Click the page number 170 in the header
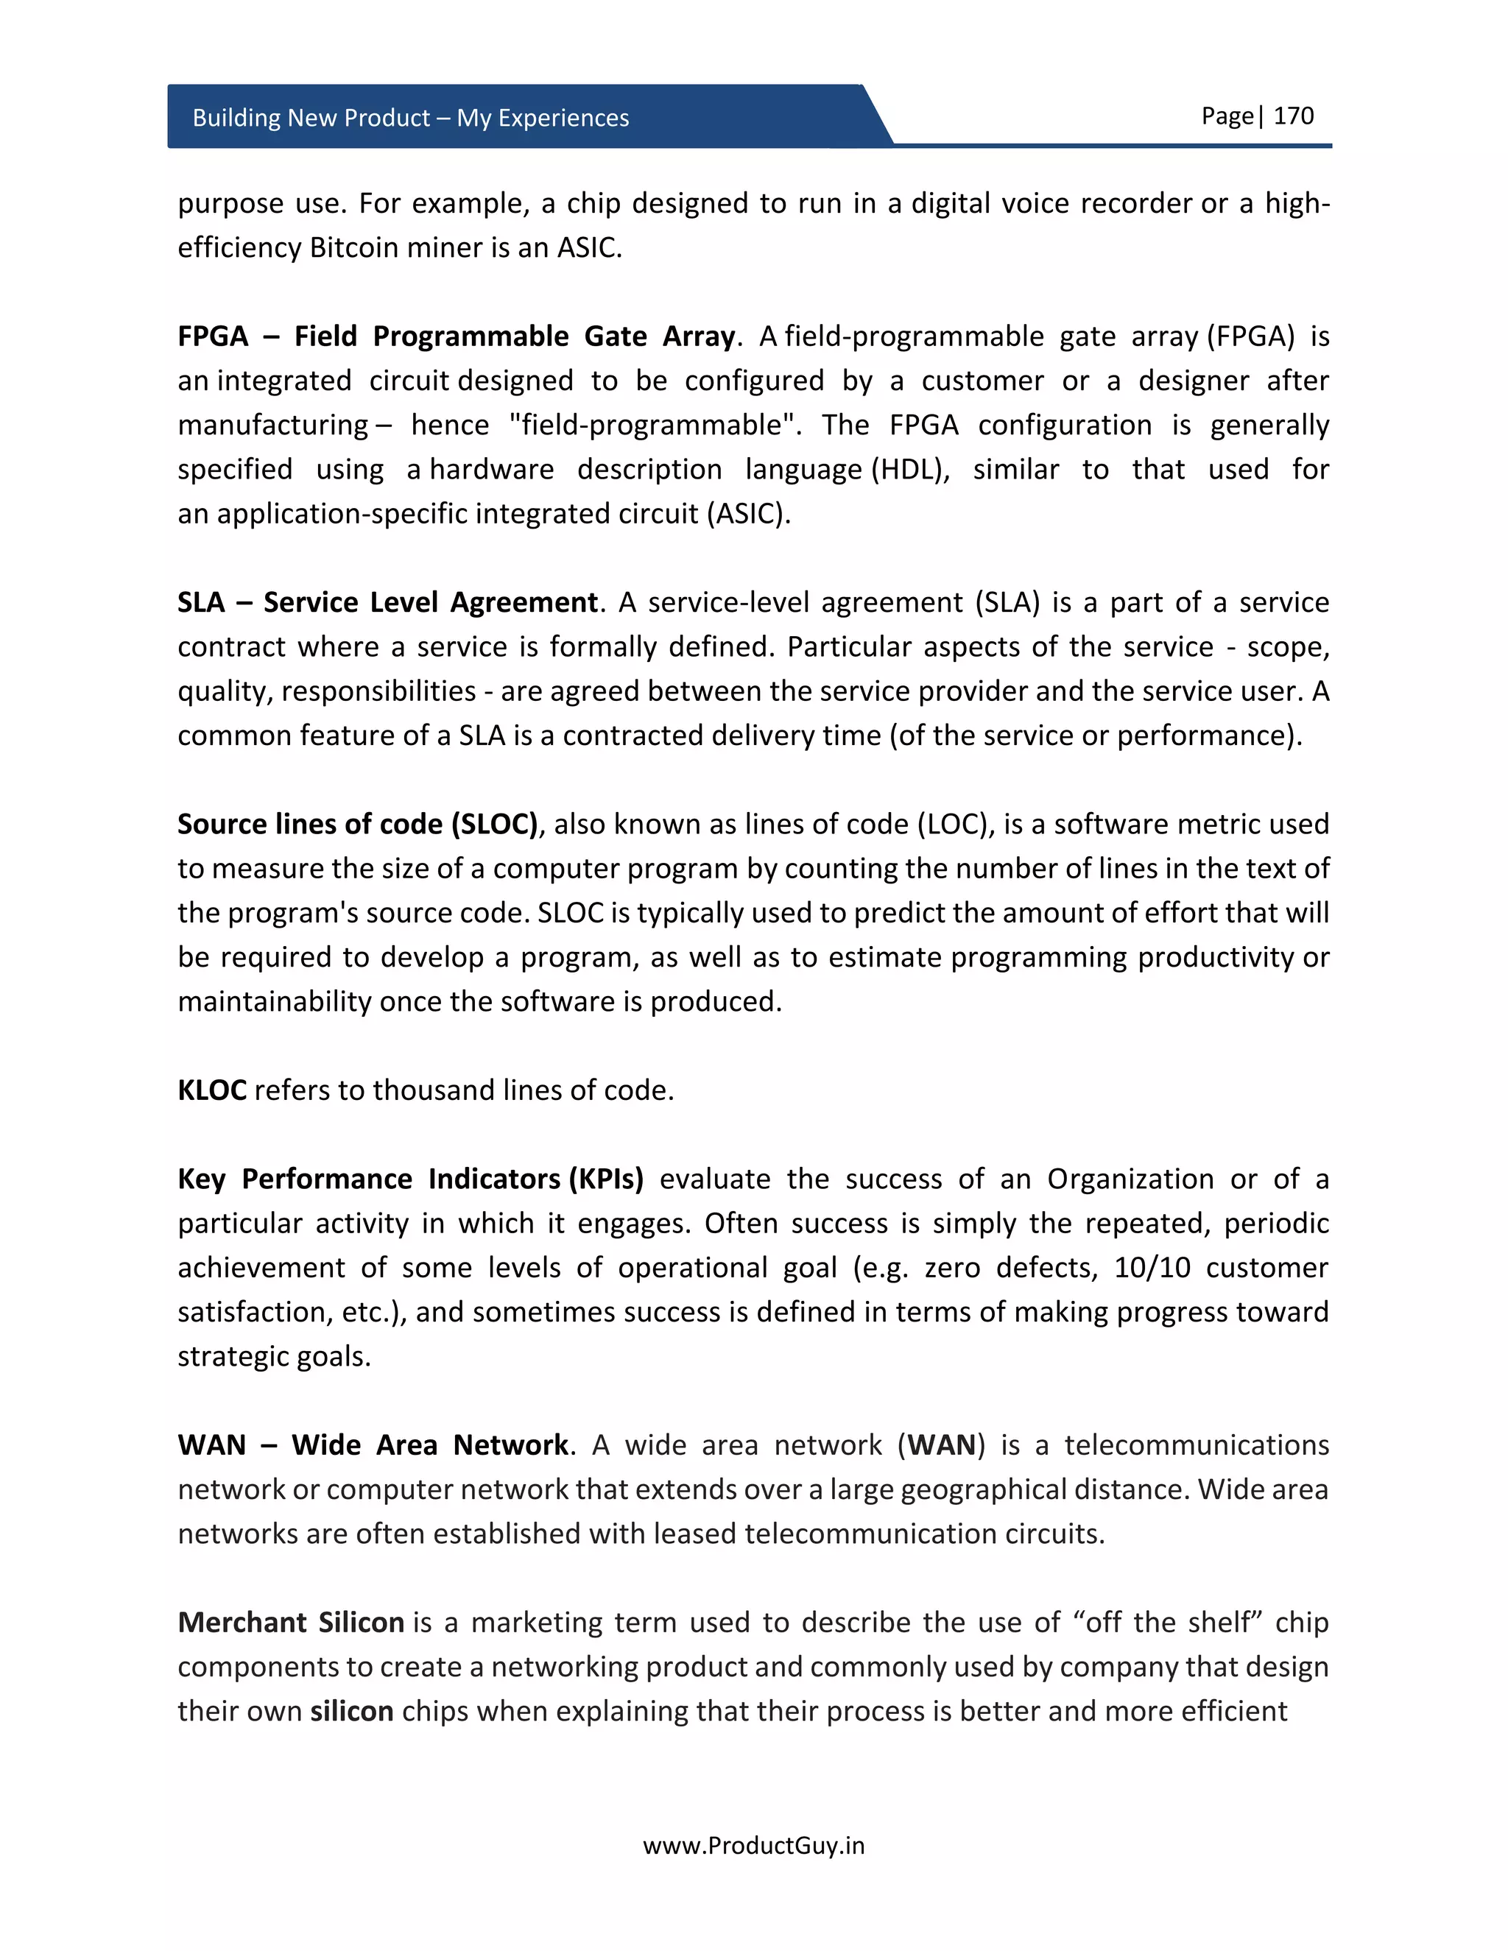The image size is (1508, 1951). tap(1293, 116)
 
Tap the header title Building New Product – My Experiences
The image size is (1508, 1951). tap(410, 118)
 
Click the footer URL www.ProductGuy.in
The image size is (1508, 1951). tap(753, 1845)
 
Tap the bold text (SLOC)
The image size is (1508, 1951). tap(494, 824)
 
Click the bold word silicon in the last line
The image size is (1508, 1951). tap(352, 1711)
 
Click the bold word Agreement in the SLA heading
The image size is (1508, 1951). tap(523, 602)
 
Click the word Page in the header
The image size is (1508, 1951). tap(1227, 116)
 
